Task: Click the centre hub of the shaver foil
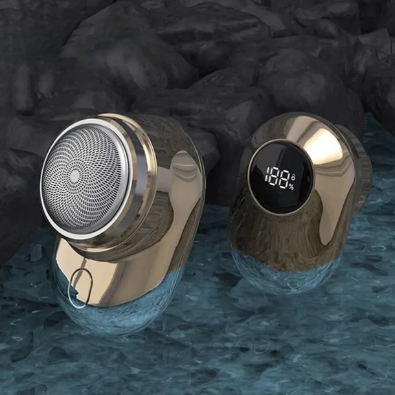pos(74,175)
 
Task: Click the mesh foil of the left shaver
pos(83,177)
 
